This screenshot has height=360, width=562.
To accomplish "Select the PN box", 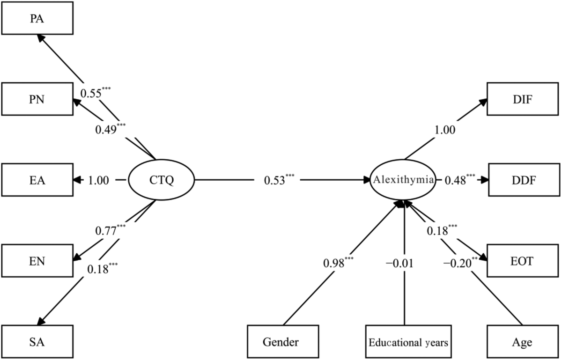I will click(37, 99).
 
